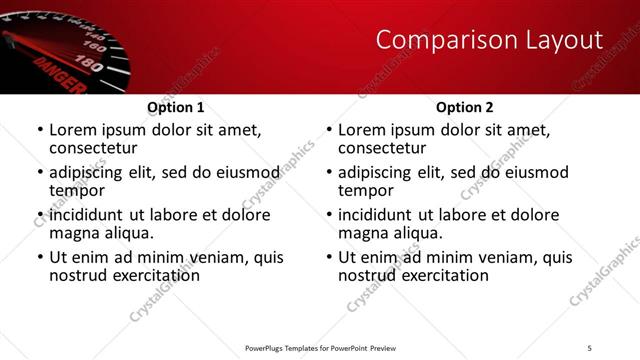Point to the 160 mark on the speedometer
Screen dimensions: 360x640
(x=96, y=46)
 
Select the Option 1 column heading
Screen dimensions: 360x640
(x=175, y=107)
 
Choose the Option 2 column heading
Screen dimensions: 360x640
(x=464, y=107)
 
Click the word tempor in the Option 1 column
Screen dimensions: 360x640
(x=77, y=190)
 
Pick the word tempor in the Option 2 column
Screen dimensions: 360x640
(x=366, y=190)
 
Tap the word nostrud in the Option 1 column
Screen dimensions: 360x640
(x=78, y=275)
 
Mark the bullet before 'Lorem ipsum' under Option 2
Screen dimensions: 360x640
(x=328, y=130)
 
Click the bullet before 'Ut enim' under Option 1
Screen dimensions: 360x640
(x=39, y=257)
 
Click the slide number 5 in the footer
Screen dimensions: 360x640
(x=589, y=348)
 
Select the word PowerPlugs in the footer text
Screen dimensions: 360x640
(x=269, y=348)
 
